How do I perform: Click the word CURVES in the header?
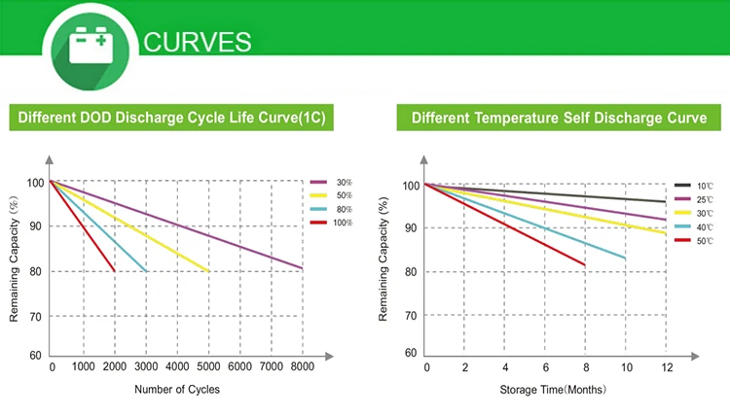pos(198,42)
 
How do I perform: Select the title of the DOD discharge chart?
pos(171,119)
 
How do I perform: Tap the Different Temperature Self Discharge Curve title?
pos(559,119)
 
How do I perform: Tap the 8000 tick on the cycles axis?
pos(303,367)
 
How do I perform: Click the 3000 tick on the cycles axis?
pos(146,367)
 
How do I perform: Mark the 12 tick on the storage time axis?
pos(666,367)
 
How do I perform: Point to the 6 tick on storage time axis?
pos(546,367)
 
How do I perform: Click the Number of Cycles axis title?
pos(176,390)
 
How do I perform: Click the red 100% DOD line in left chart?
pos(83,226)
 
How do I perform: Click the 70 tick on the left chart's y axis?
pos(36,316)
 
